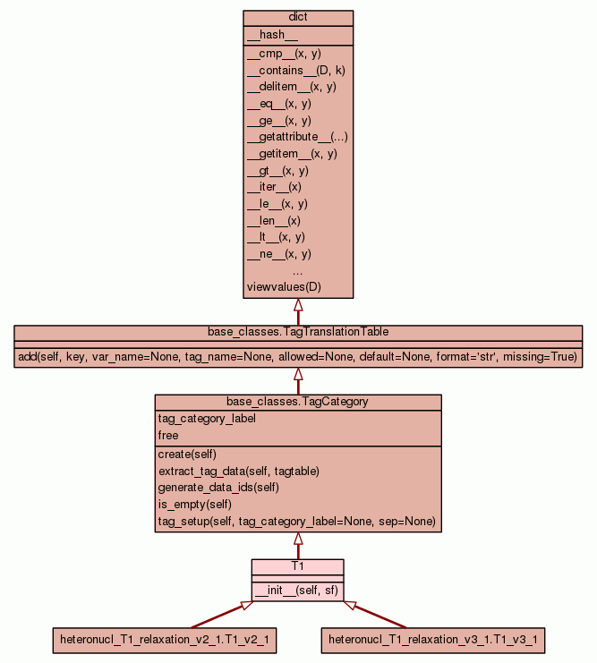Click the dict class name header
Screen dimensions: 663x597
tap(298, 18)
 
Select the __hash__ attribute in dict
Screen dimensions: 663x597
tap(266, 35)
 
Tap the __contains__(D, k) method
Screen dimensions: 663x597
tap(291, 70)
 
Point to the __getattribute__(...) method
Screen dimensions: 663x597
tap(296, 137)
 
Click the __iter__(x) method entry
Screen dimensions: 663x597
tap(274, 187)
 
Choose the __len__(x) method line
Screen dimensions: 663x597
tap(273, 220)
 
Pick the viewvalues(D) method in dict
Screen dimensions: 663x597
tap(283, 287)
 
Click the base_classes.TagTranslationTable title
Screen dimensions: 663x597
tap(298, 332)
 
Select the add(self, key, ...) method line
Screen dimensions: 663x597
tap(298, 357)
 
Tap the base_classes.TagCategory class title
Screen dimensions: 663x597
tap(298, 402)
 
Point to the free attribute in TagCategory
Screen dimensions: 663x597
tap(168, 436)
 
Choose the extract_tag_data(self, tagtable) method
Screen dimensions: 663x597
tap(238, 471)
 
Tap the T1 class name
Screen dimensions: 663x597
tap(298, 566)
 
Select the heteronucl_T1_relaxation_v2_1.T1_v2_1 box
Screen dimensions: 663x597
tap(164, 640)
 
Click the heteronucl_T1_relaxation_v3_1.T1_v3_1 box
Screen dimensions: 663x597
tap(432, 640)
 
